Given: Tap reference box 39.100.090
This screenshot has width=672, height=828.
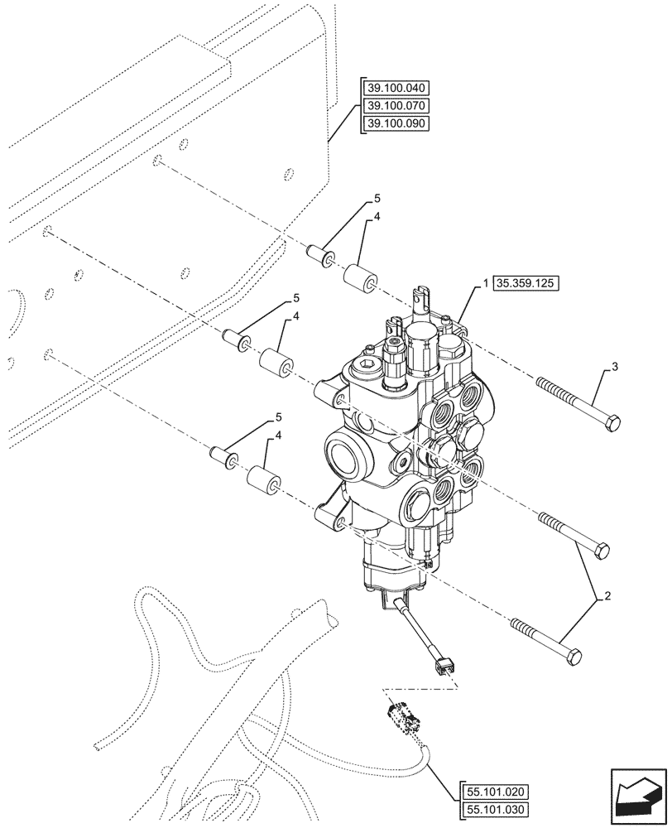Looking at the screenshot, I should [396, 124].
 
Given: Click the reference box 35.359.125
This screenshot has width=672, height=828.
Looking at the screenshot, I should [526, 283].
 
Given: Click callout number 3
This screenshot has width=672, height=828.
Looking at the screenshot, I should [613, 367].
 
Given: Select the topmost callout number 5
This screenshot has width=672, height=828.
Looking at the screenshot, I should [377, 199].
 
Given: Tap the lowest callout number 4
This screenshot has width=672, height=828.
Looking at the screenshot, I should [266, 436].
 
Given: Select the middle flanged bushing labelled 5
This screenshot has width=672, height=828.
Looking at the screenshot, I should [235, 339].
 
